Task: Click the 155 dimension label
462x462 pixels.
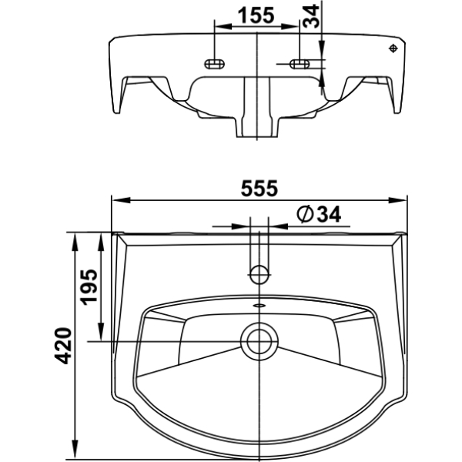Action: [x=256, y=15]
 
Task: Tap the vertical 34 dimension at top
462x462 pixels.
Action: [x=311, y=16]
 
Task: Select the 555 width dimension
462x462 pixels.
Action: [x=259, y=189]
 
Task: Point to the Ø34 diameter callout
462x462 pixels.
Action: [x=319, y=214]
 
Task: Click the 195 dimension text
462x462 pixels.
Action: [x=89, y=287]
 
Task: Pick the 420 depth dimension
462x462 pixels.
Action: [x=63, y=345]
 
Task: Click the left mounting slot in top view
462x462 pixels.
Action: [x=215, y=64]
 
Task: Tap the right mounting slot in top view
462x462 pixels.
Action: [x=300, y=64]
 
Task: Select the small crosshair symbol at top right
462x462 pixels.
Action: [x=393, y=49]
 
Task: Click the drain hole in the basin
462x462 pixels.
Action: [x=259, y=341]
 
